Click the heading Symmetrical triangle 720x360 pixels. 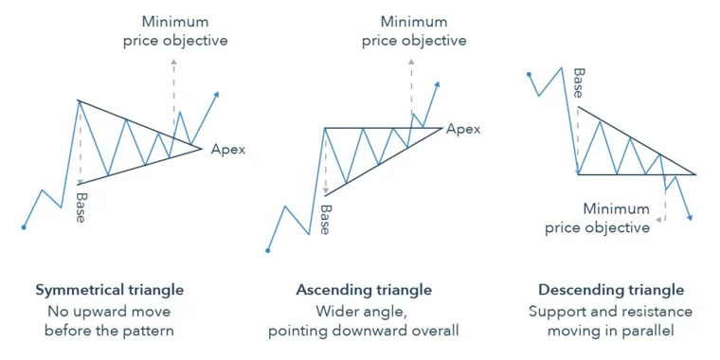coord(110,290)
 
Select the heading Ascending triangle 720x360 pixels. coord(364,290)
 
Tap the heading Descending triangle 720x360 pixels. coord(611,290)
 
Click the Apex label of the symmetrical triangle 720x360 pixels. coord(228,150)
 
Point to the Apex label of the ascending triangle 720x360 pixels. coord(463,129)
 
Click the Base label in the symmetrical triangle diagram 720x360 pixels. coord(81,207)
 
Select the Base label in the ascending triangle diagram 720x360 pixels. coord(325,220)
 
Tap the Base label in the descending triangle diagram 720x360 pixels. coord(579,83)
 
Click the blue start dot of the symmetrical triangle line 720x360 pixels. coord(24,226)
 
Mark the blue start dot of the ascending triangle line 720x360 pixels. coord(268,250)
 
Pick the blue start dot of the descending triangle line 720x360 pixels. coord(529,74)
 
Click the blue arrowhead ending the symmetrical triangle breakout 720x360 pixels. coord(216,94)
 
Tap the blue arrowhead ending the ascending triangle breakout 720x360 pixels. coord(437,84)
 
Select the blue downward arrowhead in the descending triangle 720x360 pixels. coord(690,218)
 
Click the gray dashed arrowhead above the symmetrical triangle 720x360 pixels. coord(173,61)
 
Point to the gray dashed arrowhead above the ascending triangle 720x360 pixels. coord(411,61)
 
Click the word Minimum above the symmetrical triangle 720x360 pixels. coord(175,22)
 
